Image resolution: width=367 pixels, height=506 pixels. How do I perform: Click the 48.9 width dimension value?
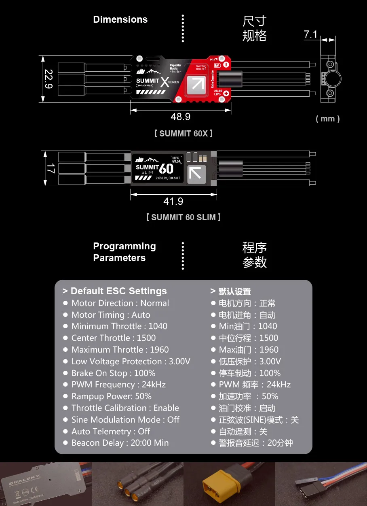(x=180, y=117)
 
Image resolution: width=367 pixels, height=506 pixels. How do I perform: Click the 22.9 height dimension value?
(x=49, y=79)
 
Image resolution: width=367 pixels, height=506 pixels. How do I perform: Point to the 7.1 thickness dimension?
(x=310, y=35)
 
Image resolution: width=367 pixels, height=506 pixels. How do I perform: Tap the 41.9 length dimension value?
(x=173, y=201)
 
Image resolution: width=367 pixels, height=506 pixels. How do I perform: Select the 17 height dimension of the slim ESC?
(x=50, y=168)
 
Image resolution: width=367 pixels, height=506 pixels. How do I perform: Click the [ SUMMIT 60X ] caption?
(x=183, y=133)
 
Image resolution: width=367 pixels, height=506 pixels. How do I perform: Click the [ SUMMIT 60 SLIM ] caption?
(x=183, y=217)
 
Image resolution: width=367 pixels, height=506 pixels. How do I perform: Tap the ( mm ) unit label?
(x=327, y=119)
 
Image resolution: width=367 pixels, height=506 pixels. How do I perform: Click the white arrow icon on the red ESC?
(x=198, y=84)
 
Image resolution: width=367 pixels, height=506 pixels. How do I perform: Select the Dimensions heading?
(x=120, y=19)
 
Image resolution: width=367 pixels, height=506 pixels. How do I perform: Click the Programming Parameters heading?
(x=124, y=252)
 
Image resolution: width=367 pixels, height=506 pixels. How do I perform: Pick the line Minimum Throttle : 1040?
(x=119, y=326)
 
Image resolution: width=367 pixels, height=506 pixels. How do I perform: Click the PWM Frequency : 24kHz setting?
(x=118, y=385)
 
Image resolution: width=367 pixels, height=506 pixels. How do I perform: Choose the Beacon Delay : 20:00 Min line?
(x=120, y=443)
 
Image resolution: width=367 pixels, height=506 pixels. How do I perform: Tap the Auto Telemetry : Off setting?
(x=111, y=432)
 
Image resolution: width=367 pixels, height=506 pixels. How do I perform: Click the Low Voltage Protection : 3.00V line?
(x=131, y=361)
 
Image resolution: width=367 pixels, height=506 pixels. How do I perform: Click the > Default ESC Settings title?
(x=114, y=291)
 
